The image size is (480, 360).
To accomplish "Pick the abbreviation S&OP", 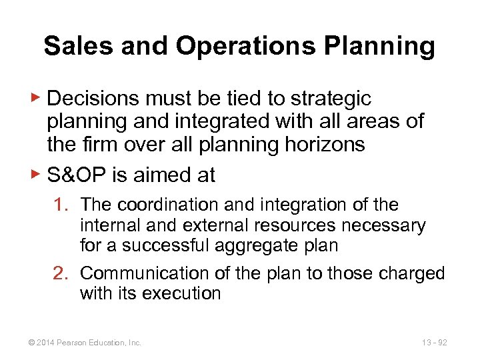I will pos(78,175).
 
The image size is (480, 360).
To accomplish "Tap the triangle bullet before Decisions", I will pos(37,98).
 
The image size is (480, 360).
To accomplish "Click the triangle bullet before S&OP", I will pos(37,175).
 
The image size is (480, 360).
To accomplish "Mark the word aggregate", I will pos(264,246).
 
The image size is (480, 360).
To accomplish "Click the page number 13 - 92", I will pos(434,343).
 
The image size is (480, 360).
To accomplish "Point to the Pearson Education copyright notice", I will pos(84,343).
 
